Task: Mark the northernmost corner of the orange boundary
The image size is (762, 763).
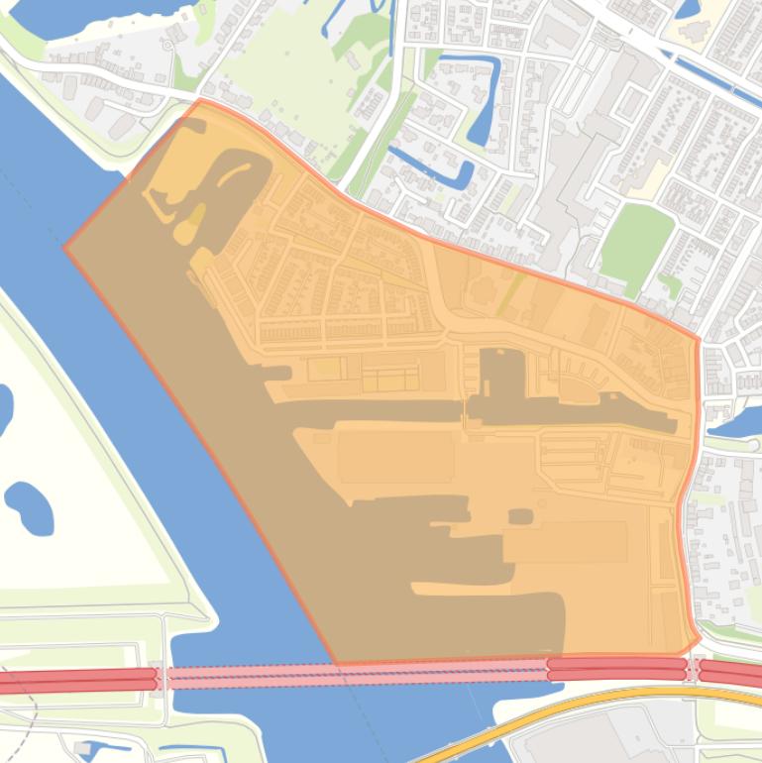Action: pyautogui.click(x=201, y=100)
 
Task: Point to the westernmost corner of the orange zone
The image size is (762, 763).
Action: pyautogui.click(x=65, y=248)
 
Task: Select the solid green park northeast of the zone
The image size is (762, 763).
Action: pyautogui.click(x=636, y=242)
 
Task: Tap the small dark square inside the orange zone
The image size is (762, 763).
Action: pyautogui.click(x=520, y=516)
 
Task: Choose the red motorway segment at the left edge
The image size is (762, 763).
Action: pyautogui.click(x=74, y=681)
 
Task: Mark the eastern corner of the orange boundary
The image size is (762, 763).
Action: pyautogui.click(x=699, y=340)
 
